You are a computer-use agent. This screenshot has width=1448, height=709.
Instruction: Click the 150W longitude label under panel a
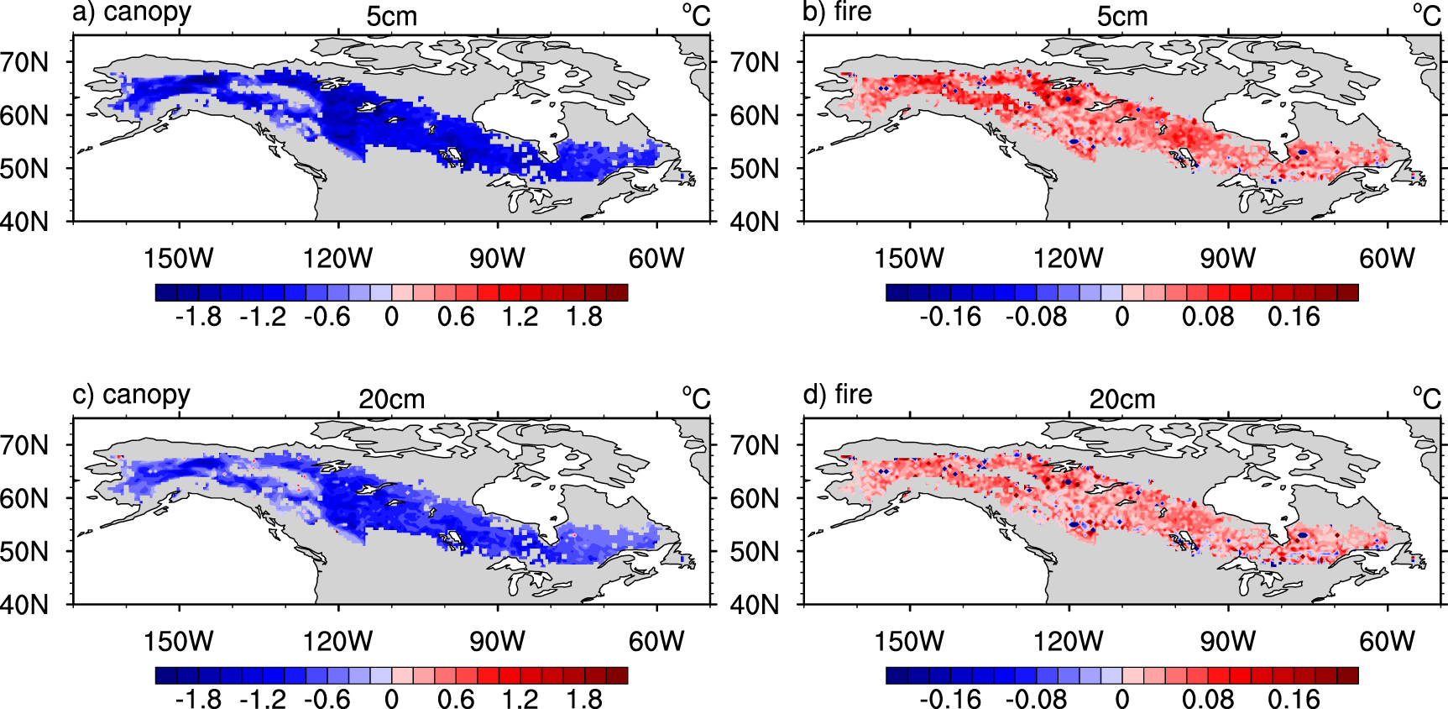tap(178, 258)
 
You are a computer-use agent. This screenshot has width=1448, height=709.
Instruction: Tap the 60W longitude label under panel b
tap(1387, 258)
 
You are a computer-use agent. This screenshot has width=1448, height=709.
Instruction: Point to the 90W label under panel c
tap(497, 641)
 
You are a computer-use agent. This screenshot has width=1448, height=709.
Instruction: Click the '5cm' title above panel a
tap(391, 17)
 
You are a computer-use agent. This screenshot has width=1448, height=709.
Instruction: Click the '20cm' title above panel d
tap(1122, 400)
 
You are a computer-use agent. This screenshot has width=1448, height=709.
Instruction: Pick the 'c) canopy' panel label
tap(132, 395)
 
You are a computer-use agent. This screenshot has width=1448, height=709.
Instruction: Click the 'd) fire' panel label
tap(837, 395)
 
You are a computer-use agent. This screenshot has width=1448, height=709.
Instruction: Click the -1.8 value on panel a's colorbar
tap(198, 317)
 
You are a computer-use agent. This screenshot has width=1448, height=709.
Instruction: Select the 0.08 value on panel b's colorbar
tap(1208, 317)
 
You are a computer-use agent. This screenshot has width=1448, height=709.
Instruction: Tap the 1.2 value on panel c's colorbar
tap(520, 699)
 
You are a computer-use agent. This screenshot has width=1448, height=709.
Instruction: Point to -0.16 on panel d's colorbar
tap(950, 699)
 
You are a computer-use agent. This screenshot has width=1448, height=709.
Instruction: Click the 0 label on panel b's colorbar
tap(1122, 317)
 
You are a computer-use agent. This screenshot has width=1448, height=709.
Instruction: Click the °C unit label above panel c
tap(696, 398)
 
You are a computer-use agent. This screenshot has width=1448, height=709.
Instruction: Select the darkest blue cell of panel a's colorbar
tap(166, 292)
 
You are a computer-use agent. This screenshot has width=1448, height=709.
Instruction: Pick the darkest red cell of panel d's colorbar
tap(1347, 675)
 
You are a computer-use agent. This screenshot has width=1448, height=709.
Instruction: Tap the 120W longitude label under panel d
tap(1068, 641)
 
